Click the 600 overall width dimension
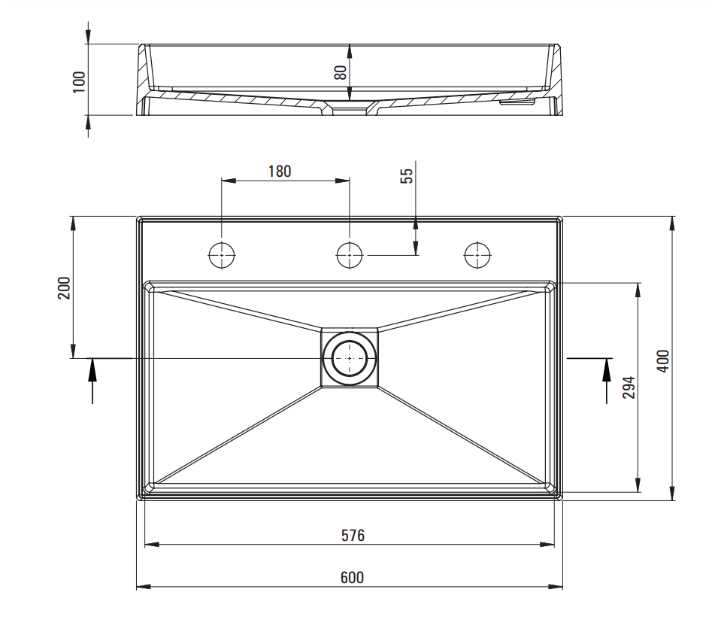(x=352, y=578)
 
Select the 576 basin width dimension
(x=353, y=536)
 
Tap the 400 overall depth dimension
(x=662, y=361)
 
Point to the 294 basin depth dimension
(x=629, y=387)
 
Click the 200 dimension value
(x=64, y=288)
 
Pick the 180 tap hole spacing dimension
(x=280, y=172)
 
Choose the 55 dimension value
(x=406, y=176)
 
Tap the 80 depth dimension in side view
(x=341, y=72)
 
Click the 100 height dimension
(x=79, y=82)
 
